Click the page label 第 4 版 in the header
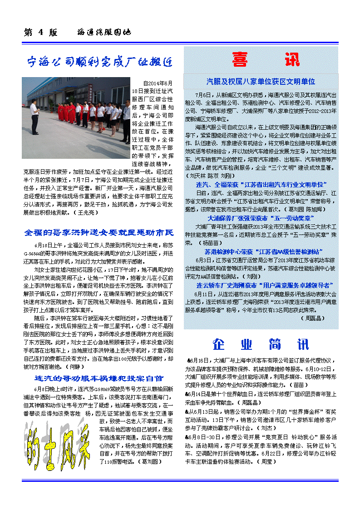(x=41, y=33)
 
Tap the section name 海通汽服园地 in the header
(x=104, y=33)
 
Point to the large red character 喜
(x=239, y=59)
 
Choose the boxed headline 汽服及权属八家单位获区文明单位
(x=261, y=82)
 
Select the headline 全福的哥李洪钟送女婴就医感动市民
(x=99, y=233)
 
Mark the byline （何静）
(x=74, y=366)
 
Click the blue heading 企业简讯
(x=261, y=344)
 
